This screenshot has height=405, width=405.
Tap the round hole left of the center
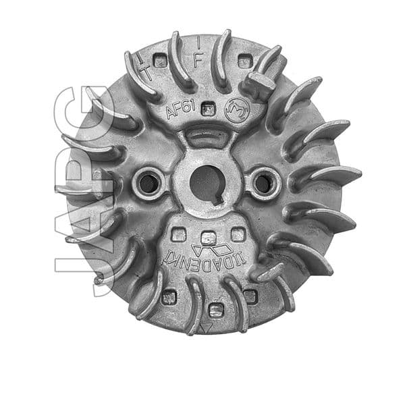[x=148, y=182]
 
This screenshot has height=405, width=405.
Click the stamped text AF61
[x=180, y=107]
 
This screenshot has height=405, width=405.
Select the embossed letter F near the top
[x=198, y=59]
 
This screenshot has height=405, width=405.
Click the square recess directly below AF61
[x=209, y=109]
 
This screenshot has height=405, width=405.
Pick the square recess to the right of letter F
[x=244, y=61]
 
